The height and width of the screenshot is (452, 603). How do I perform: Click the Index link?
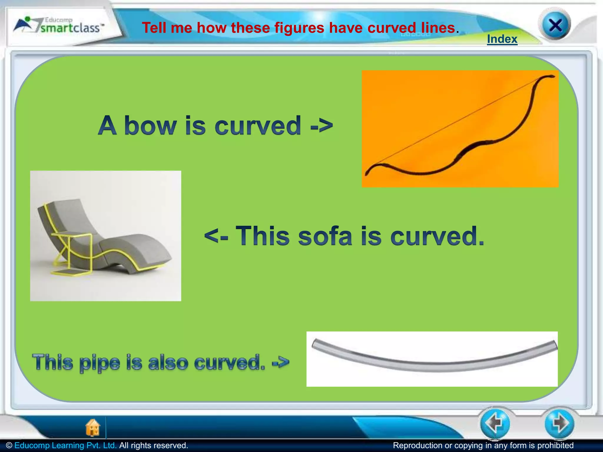point(502,39)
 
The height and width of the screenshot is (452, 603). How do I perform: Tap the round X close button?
point(555,26)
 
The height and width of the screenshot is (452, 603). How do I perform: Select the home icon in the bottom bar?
point(93,427)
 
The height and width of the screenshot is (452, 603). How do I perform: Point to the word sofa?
point(325,236)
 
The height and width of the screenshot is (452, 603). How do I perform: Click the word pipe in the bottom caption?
point(100,363)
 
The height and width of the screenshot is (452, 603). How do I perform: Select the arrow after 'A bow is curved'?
point(322,126)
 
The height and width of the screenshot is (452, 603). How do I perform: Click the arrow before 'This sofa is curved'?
point(216,236)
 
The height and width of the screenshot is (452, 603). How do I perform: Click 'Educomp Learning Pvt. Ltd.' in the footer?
point(65,445)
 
